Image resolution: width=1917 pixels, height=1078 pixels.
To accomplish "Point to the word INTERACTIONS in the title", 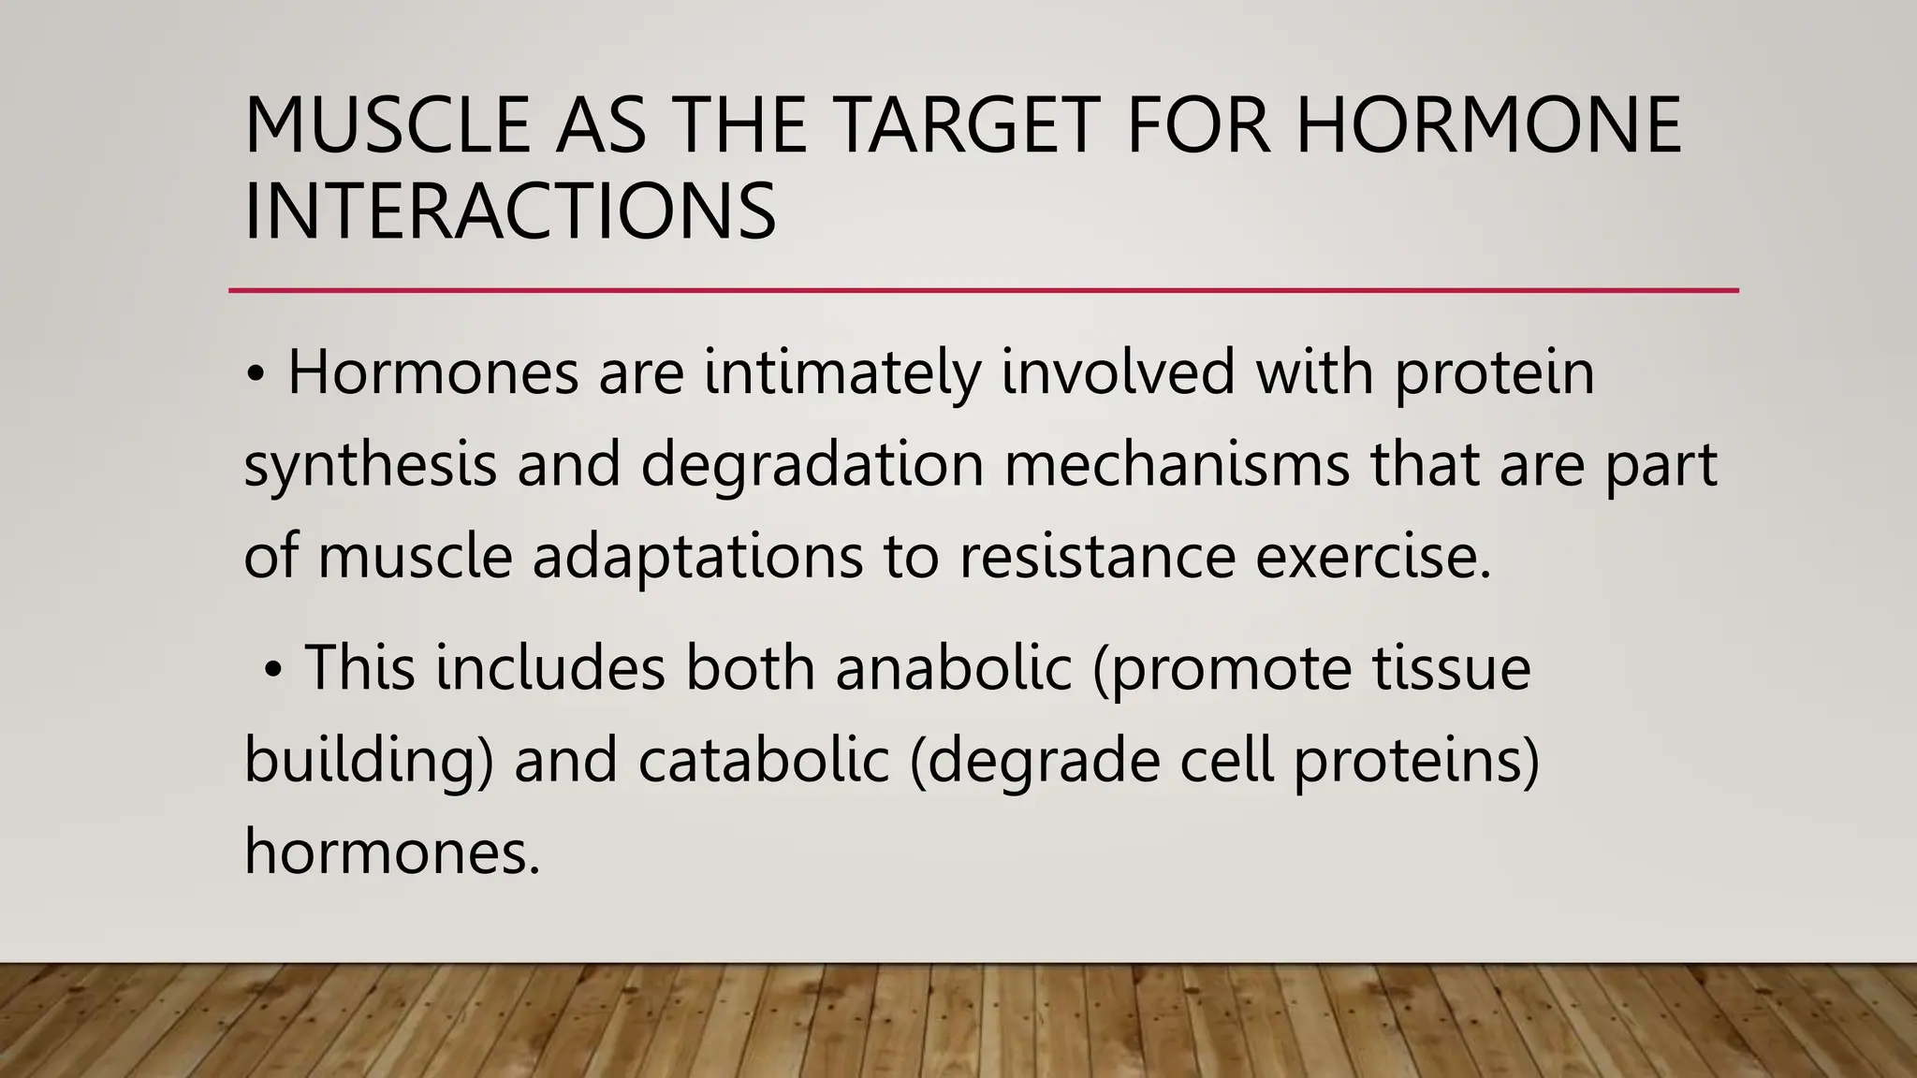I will [x=510, y=211].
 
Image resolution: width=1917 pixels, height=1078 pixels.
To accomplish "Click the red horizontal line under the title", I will [x=983, y=291].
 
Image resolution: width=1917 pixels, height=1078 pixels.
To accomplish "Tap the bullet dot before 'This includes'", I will [x=272, y=671].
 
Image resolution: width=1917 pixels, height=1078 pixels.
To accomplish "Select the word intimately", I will [x=841, y=372].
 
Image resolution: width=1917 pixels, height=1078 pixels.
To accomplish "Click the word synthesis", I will [x=370, y=465].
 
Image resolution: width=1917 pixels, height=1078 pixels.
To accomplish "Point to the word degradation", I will [x=812, y=465].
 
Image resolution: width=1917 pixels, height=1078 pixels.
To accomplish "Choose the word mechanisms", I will [x=1177, y=465].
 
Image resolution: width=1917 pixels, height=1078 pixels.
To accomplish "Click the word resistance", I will [x=1097, y=557].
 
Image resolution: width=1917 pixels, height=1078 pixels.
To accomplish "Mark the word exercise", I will [x=1372, y=557].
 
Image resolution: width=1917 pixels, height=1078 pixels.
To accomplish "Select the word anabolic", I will [x=953, y=668].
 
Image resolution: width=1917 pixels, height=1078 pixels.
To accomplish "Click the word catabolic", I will [x=764, y=760].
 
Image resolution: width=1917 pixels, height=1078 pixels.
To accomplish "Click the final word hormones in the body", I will [x=392, y=852].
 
